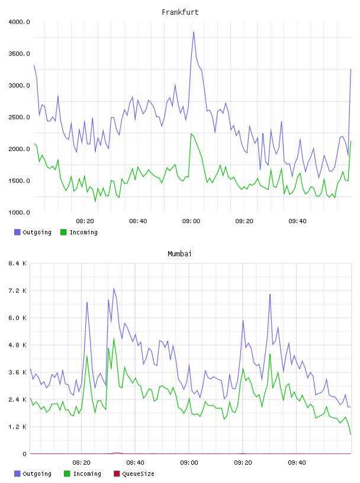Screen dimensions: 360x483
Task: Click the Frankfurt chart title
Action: coord(180,12)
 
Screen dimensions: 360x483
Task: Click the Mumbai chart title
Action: coord(179,254)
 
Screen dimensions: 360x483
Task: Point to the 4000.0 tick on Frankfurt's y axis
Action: coord(19,22)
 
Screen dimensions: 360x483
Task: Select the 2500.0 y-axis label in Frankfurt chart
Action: coord(19,117)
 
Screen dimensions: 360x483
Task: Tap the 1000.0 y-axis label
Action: coord(19,212)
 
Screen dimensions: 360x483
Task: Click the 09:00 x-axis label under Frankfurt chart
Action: coord(191,221)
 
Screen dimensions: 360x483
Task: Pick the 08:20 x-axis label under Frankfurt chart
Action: coord(85,221)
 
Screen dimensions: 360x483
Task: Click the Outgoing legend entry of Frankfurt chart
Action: coord(33,232)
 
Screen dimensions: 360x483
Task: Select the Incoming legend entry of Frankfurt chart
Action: coord(79,232)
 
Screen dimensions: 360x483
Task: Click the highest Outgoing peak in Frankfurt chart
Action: coord(194,32)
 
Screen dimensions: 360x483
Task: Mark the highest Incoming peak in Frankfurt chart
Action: coord(191,134)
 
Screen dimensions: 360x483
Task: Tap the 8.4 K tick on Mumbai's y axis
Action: coord(18,263)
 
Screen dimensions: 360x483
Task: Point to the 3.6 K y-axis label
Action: coord(18,372)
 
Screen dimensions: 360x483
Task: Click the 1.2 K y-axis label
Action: coord(18,427)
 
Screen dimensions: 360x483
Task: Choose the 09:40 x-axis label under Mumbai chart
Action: coord(297,463)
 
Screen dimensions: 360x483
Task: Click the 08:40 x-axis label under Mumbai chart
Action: coord(135,463)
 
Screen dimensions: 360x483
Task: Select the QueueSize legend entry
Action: coord(134,474)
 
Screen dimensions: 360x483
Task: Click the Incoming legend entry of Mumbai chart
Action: coord(83,474)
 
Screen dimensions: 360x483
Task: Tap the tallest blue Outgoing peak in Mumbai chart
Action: coord(114,289)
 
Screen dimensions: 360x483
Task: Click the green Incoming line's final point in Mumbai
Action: coord(351,434)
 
